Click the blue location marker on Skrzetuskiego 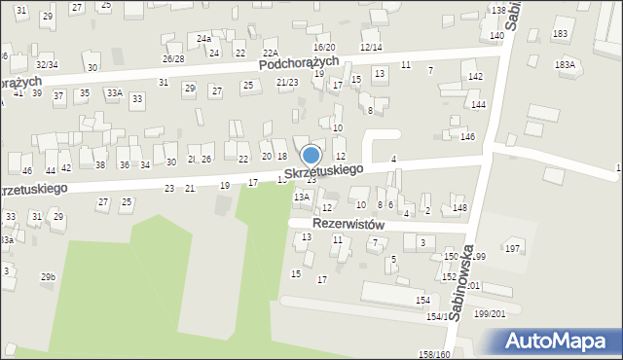(311, 156)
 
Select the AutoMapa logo (559, 341)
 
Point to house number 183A (565, 64)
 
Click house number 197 (511, 249)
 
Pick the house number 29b (48, 277)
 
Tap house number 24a (203, 39)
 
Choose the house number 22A (271, 54)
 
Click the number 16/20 (324, 48)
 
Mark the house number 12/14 (371, 47)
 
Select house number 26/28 (173, 59)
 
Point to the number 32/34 (47, 65)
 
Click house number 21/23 (287, 83)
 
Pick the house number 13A (302, 197)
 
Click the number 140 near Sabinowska (496, 36)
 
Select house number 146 (467, 137)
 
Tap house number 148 (459, 208)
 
